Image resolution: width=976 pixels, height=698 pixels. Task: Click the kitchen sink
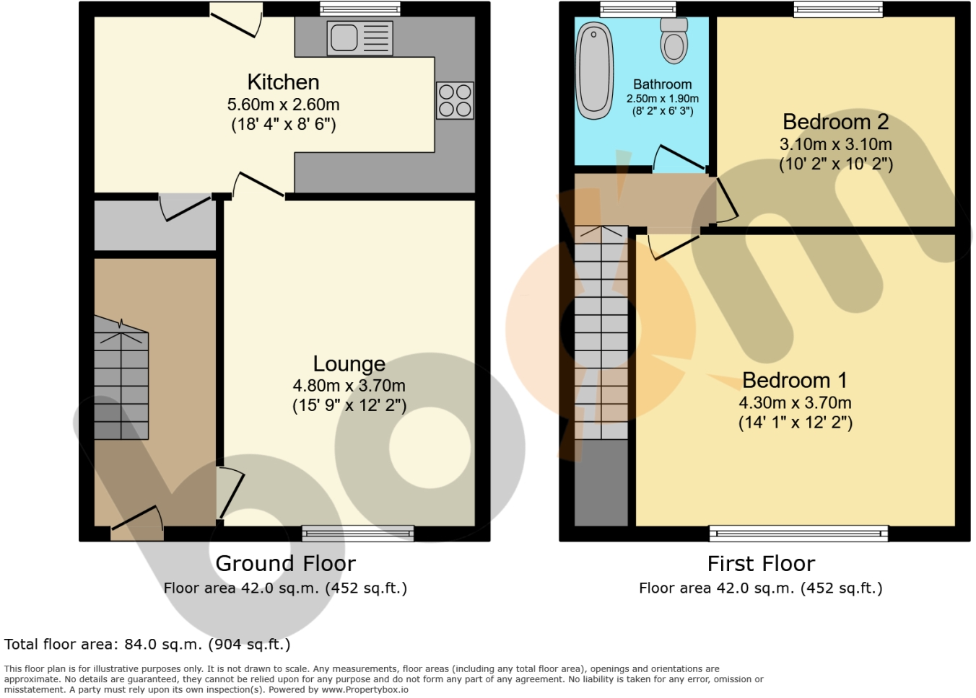[360, 38]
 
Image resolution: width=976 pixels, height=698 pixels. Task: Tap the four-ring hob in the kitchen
[455, 100]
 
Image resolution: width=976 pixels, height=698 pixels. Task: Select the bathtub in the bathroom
[594, 71]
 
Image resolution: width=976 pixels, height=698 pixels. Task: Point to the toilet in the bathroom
[674, 40]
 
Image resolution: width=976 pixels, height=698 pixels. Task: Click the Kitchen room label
[283, 81]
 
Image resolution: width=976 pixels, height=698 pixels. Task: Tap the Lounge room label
[349, 364]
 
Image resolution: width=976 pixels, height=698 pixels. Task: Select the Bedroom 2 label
[836, 121]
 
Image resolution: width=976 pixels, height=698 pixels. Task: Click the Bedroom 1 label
[795, 380]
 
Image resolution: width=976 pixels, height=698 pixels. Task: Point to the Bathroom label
[662, 84]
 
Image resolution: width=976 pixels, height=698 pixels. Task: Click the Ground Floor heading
[285, 564]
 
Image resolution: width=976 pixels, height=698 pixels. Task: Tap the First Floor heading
[761, 564]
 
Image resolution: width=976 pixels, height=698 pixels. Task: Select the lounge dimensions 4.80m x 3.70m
[349, 386]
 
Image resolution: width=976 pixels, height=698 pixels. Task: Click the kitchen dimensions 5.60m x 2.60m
[283, 105]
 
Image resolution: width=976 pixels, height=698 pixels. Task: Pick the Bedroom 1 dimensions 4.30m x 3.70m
[795, 402]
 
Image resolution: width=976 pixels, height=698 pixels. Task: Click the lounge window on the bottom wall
[358, 533]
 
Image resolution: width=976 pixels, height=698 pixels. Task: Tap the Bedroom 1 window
[798, 533]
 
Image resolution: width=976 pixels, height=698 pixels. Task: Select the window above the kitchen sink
[360, 9]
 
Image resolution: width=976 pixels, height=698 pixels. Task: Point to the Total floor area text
[147, 644]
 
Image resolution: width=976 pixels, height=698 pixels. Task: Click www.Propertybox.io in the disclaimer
[365, 690]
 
